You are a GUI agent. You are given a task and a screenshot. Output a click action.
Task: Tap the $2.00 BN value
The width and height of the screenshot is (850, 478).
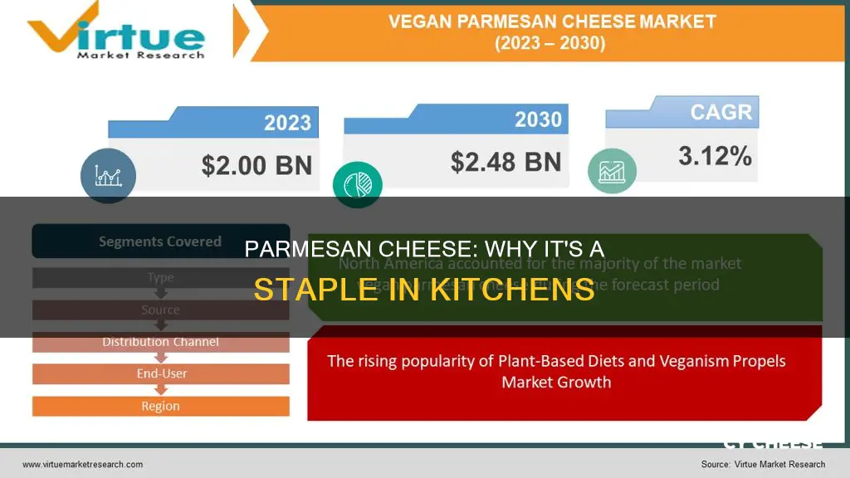pyautogui.click(x=256, y=164)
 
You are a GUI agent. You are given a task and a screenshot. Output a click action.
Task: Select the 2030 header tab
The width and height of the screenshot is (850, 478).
pyautogui.click(x=537, y=119)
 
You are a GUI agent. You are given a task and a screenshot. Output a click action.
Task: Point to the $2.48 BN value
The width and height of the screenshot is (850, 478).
pyautogui.click(x=506, y=162)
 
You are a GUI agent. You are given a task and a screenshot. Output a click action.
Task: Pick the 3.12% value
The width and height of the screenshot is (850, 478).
pyautogui.click(x=715, y=155)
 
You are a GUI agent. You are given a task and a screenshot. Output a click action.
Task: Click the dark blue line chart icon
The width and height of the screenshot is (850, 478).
pyautogui.click(x=108, y=176)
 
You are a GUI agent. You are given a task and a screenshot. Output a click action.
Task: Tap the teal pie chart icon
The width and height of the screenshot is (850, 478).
pyautogui.click(x=357, y=184)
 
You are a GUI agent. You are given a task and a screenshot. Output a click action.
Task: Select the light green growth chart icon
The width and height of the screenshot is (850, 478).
pyautogui.click(x=613, y=170)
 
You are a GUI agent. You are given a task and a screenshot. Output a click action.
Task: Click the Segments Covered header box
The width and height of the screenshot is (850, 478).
pyautogui.click(x=160, y=242)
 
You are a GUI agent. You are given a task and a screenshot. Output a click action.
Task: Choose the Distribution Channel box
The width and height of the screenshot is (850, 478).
pyautogui.click(x=160, y=342)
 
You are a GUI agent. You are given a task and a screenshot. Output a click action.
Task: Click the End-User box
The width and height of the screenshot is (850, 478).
pyautogui.click(x=160, y=374)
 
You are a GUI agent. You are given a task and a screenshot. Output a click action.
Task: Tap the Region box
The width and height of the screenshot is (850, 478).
pyautogui.click(x=160, y=407)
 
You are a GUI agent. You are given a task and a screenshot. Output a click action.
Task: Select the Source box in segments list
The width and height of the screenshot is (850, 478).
pyautogui.click(x=160, y=310)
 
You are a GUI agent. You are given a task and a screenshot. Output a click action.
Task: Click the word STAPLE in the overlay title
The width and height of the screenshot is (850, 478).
pyautogui.click(x=313, y=290)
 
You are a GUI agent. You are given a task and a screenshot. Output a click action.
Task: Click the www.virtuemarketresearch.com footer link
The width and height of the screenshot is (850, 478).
pyautogui.click(x=82, y=465)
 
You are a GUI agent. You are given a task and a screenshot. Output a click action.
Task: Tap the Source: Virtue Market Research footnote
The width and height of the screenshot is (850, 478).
pyautogui.click(x=763, y=465)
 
